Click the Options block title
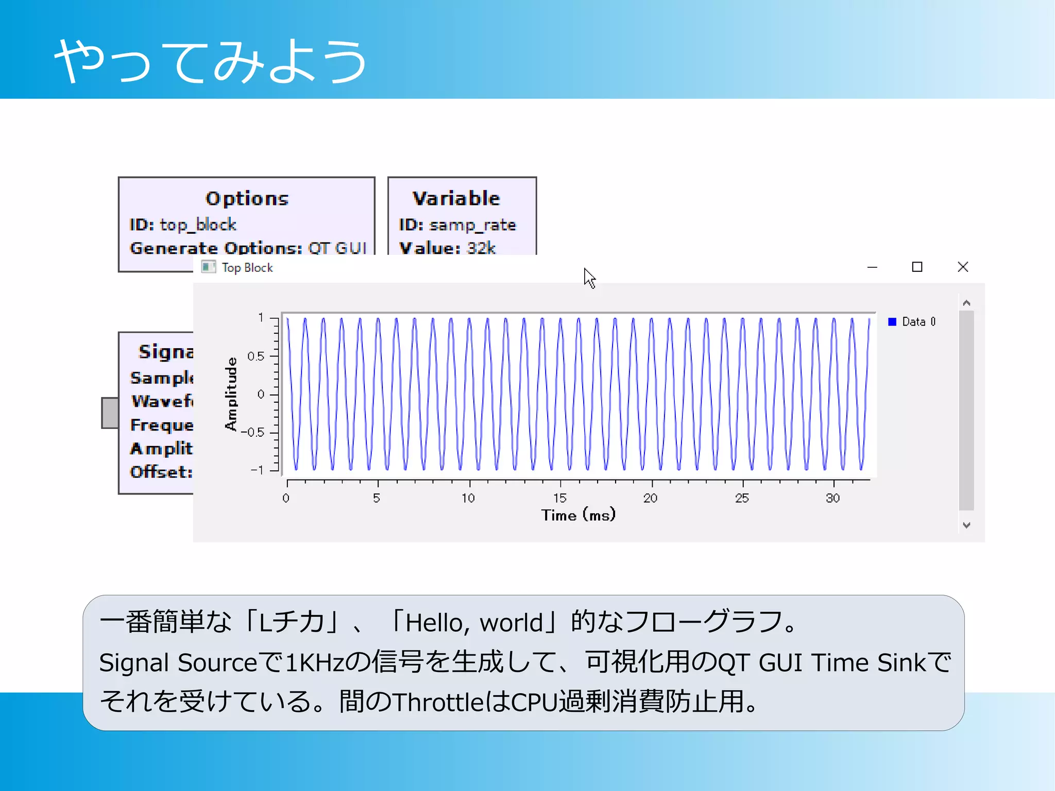pos(247,198)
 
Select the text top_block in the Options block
pos(198,225)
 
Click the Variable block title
pos(456,198)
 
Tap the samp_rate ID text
pos(472,225)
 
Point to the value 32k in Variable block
pos(481,248)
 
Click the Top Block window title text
pos(247,268)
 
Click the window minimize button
pos(872,267)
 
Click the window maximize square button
pos(917,267)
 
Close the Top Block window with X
pos(963,267)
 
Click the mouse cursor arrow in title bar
pos(589,278)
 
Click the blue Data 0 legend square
pos(892,322)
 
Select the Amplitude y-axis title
pos(231,394)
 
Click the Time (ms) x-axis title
pos(578,515)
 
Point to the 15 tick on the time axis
pos(560,498)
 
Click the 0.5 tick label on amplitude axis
pos(256,356)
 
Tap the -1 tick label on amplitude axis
pos(257,470)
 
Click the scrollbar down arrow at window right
pos(966,525)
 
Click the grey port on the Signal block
pos(110,412)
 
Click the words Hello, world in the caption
pos(474,623)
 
